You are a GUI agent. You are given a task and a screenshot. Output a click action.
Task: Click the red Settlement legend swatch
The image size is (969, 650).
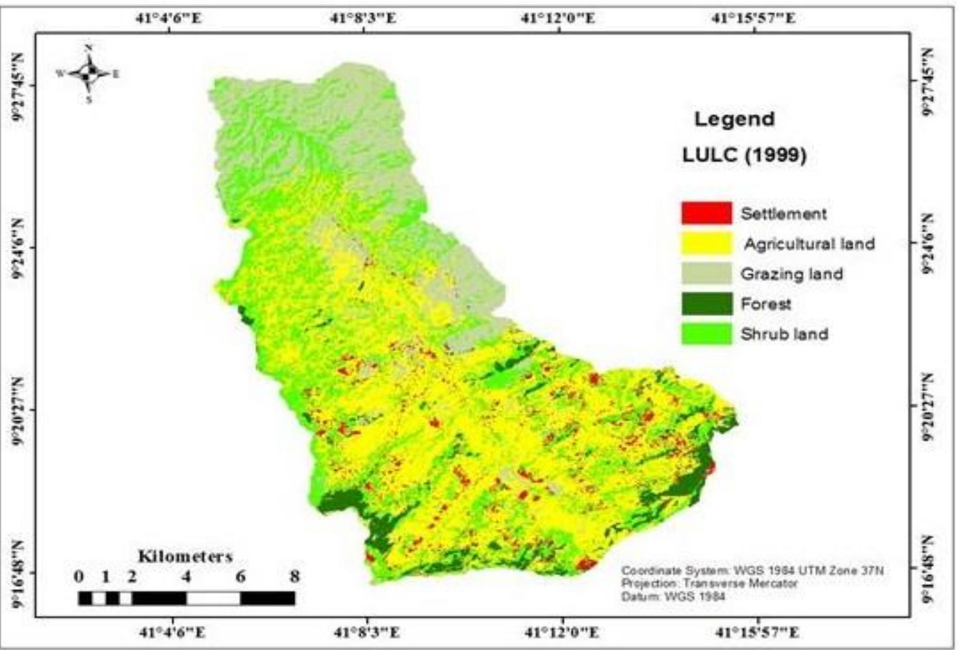tap(706, 213)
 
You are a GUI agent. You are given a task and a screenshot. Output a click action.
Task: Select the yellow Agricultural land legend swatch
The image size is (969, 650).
tap(706, 243)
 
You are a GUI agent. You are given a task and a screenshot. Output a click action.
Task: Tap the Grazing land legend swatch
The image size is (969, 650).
tap(706, 274)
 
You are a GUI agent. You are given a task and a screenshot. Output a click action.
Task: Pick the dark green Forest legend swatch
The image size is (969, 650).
tap(706, 304)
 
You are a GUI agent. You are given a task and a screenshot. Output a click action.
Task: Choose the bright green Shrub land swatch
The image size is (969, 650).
tap(706, 334)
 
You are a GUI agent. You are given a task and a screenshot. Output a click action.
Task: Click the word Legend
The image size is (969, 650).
tap(734, 119)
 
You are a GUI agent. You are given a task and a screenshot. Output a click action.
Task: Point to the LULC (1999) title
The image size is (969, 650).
tap(744, 156)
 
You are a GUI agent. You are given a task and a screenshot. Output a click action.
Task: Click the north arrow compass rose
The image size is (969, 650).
tap(89, 74)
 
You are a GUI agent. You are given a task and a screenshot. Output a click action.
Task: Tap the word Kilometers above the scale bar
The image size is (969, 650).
tap(185, 557)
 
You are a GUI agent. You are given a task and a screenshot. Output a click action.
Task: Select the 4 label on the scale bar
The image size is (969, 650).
tap(186, 577)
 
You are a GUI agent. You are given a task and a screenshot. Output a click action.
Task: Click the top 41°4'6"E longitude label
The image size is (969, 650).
tap(169, 19)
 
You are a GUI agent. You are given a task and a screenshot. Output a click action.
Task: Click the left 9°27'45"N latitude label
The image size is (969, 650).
tap(18, 85)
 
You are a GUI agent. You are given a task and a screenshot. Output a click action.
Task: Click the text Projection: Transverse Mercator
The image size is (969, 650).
tap(709, 583)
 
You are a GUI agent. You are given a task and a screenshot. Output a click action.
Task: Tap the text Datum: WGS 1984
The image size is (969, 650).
tap(673, 596)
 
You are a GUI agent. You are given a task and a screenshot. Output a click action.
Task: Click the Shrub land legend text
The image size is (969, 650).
tap(784, 334)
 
